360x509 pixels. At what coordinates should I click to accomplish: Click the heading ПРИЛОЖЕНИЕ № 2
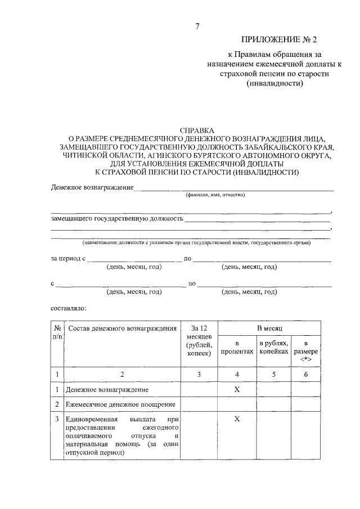point(275,39)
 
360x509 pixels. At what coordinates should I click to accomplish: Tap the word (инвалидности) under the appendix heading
point(275,83)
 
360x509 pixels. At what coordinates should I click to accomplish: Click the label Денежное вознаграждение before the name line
point(92,187)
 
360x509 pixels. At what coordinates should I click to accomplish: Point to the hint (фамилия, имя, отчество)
point(215,195)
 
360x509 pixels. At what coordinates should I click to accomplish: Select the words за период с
point(68,259)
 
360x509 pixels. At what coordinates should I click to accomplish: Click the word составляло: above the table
point(67,308)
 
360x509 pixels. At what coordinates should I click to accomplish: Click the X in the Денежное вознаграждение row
point(237,389)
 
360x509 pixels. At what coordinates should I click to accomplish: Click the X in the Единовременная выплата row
point(237,419)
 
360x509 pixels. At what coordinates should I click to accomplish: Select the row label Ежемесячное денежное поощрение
point(121,404)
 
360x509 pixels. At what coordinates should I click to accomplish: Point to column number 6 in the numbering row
point(305,373)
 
